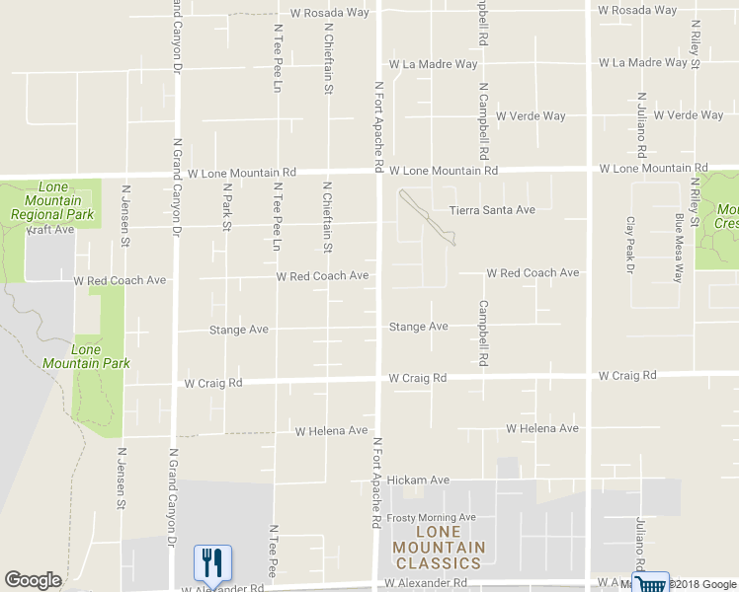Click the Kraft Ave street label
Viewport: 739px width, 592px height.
[49, 230]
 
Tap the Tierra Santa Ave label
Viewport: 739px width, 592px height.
[492, 210]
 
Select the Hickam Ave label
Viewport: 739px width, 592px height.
[418, 481]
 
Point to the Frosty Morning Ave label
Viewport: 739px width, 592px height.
[432, 518]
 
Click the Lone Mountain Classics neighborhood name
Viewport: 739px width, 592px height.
[439, 555]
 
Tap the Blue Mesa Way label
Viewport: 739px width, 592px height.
[680, 248]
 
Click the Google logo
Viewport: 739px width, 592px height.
[33, 580]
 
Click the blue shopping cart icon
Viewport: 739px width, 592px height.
[651, 583]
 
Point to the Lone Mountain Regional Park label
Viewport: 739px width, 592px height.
[52, 201]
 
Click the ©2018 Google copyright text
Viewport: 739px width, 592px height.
[703, 584]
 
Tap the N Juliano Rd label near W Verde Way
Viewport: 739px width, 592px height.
[641, 125]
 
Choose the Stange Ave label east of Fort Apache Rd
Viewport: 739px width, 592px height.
[418, 327]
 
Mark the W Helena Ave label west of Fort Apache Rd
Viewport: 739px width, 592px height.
[332, 431]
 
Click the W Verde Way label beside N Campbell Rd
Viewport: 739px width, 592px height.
[532, 116]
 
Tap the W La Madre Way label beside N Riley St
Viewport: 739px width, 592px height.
[649, 62]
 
